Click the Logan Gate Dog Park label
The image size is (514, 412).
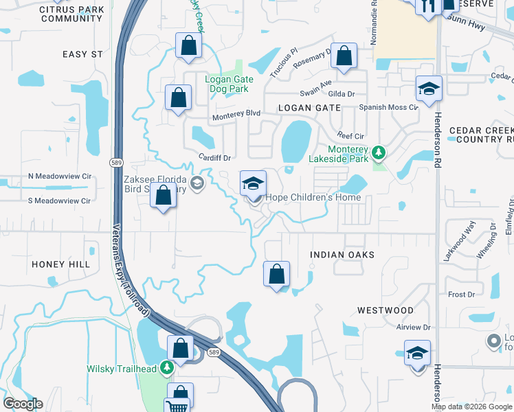pyautogui.click(x=230, y=84)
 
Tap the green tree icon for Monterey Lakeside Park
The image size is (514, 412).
pyautogui.click(x=378, y=151)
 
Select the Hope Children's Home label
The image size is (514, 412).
pyautogui.click(x=313, y=198)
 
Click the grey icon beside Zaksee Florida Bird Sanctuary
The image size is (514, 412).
pyautogui.click(x=197, y=183)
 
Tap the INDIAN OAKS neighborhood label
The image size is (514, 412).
pyautogui.click(x=342, y=255)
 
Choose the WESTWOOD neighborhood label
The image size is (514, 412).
pyautogui.click(x=385, y=310)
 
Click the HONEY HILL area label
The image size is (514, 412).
pyautogui.click(x=60, y=264)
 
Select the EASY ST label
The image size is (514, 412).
pyautogui.click(x=82, y=54)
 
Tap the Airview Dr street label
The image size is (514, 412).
pyautogui.click(x=412, y=328)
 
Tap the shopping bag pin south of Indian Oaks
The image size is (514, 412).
pyautogui.click(x=276, y=274)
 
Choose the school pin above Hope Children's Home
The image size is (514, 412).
pyautogui.click(x=253, y=184)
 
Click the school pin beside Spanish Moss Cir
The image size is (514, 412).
pyautogui.click(x=429, y=89)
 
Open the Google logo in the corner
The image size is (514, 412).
pyautogui.click(x=23, y=404)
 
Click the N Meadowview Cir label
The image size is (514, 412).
pyautogui.click(x=59, y=176)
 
